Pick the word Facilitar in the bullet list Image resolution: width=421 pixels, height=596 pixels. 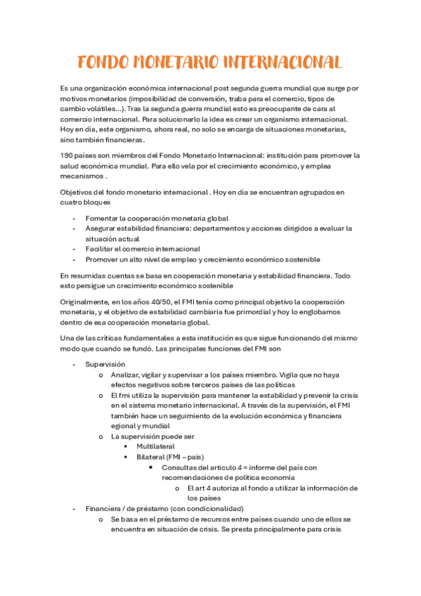tap(102, 249)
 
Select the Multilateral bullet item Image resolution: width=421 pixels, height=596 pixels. tap(155, 446)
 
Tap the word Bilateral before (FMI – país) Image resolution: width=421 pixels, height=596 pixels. tap(152, 457)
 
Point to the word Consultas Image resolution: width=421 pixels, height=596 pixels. tap(179, 467)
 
